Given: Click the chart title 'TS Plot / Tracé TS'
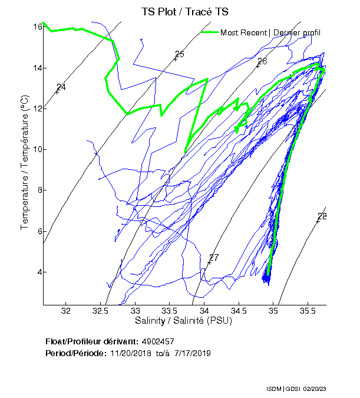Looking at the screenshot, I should coord(184,11).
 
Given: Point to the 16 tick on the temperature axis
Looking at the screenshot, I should coord(37,27).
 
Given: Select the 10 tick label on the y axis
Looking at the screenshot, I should coord(37,149).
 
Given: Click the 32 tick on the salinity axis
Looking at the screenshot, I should coord(66,311).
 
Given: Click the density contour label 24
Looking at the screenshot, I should coord(61,87).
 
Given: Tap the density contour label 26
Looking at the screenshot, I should coord(262,61).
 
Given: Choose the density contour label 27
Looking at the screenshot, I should coord(214,258).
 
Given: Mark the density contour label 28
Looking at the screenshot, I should coord(322,216).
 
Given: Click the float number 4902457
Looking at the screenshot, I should coord(158,341).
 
